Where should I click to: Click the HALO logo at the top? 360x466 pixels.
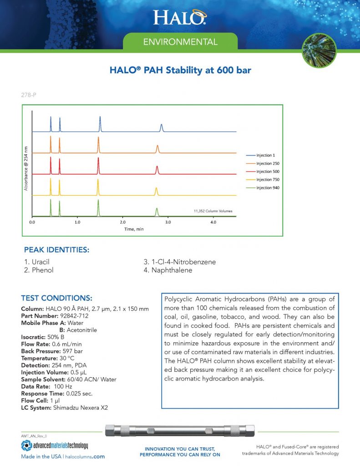coord(180,17)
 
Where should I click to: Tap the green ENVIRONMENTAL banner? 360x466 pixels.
coord(180,42)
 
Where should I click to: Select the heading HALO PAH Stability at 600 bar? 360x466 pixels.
coord(180,71)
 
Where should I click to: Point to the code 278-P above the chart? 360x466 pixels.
coord(29,96)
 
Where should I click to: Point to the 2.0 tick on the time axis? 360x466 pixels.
coord(122,223)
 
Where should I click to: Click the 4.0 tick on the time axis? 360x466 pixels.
coord(213,223)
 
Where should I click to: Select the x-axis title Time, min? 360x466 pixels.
coord(134,229)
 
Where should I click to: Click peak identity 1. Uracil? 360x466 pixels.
coord(36,263)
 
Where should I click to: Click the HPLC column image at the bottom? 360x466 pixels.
coord(180,431)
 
